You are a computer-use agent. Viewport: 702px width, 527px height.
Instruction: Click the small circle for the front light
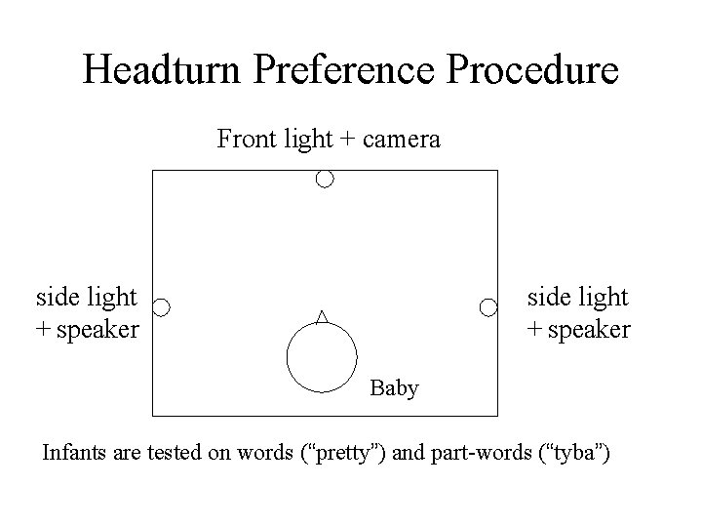(325, 180)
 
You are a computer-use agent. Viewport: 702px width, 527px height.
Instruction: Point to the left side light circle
(162, 307)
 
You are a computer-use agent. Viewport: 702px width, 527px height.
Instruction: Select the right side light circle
(488, 307)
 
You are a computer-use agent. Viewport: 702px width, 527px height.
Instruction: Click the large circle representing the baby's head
(322, 356)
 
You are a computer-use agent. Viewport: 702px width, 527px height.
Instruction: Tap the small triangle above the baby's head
(322, 315)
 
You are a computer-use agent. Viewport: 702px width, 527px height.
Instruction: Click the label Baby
(395, 388)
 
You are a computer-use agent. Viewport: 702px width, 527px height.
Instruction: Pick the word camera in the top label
(400, 140)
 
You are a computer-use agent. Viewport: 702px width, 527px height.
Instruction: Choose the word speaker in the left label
(97, 330)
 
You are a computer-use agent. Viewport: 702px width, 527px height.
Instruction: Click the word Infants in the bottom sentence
(76, 453)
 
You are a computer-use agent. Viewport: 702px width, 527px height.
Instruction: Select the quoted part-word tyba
(569, 454)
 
